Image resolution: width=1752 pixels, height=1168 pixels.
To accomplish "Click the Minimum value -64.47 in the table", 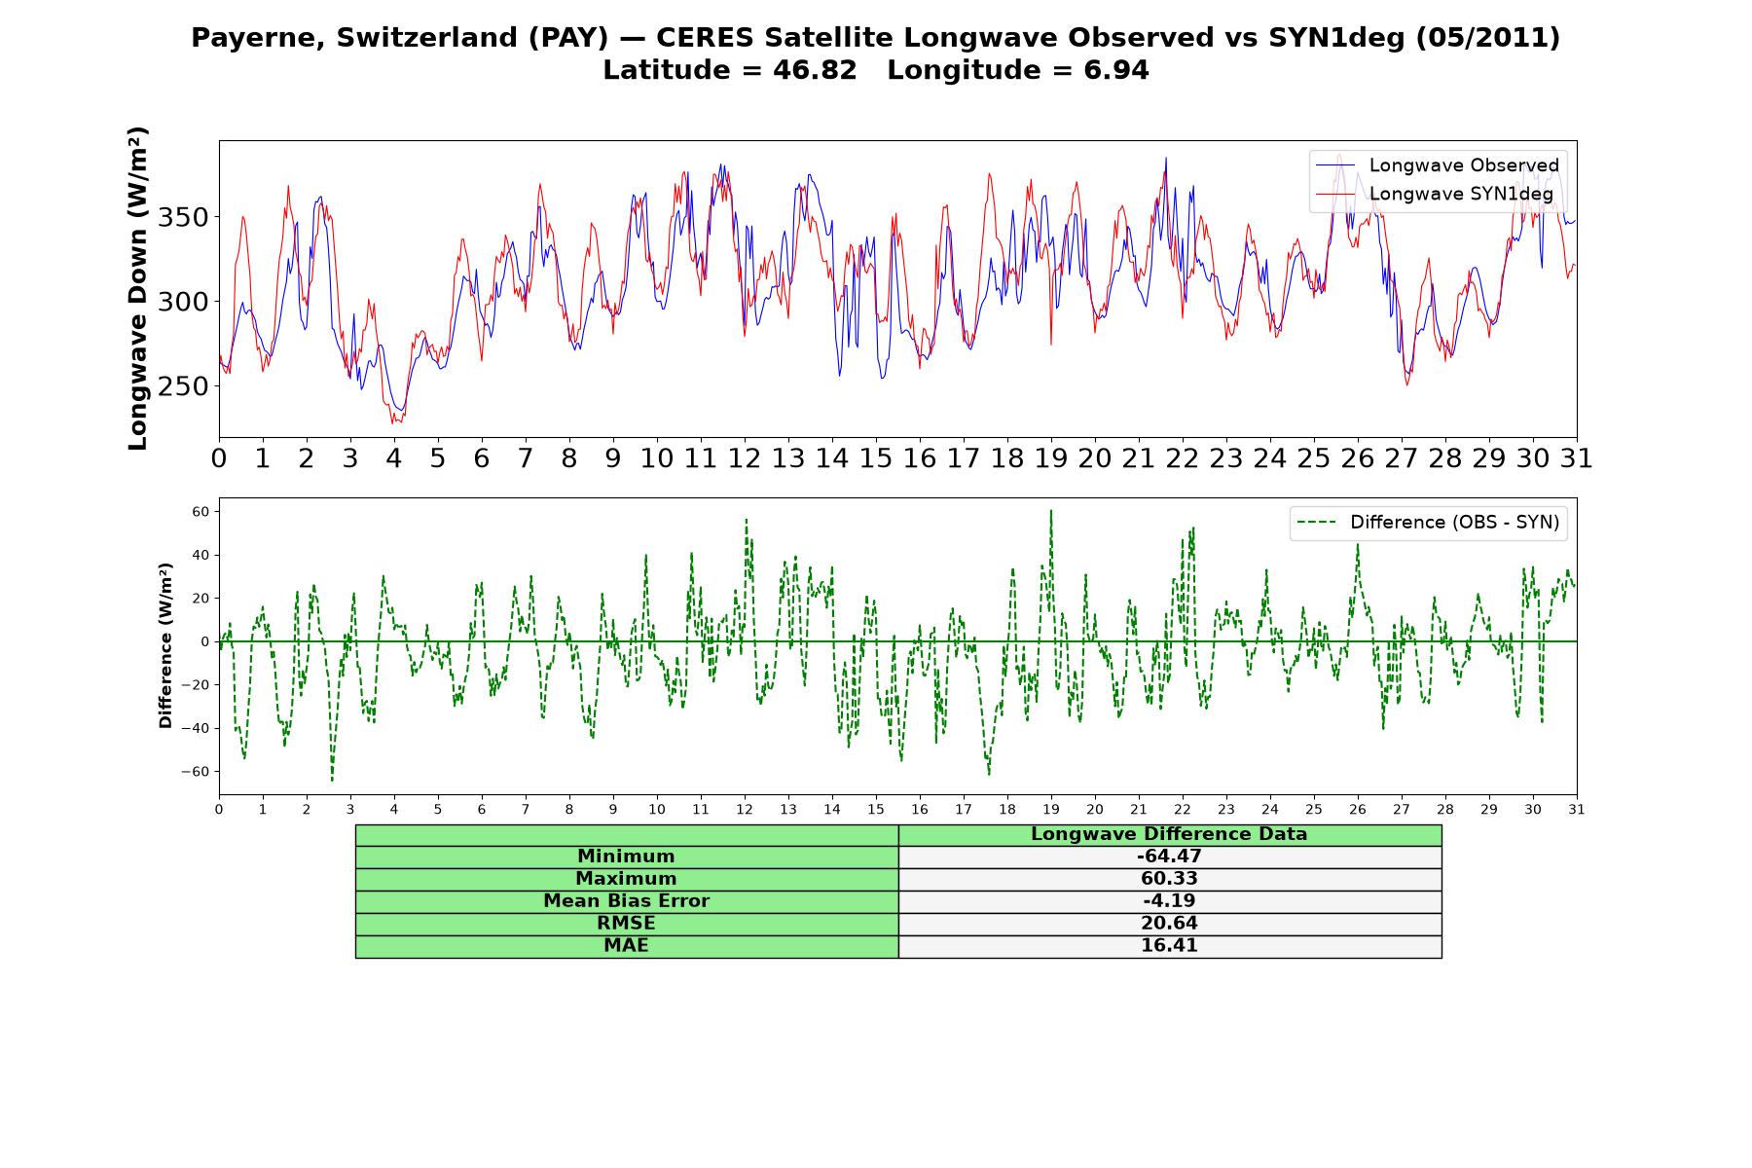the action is point(1169,857).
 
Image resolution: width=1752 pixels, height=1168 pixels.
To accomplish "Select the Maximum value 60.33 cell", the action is point(1169,879).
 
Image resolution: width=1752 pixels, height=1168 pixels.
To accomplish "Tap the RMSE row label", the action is point(626,923).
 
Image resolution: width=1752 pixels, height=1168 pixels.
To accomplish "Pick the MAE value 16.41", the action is point(1169,945).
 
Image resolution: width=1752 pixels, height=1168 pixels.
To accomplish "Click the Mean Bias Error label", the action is point(626,901).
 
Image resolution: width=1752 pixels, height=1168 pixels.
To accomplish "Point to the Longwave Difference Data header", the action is point(1169,834).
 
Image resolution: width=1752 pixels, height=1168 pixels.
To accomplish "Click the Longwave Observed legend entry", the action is point(1438,165).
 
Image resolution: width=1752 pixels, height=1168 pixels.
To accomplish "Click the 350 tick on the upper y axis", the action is point(183,217).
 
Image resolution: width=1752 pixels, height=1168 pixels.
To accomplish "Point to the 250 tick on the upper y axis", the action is point(183,386).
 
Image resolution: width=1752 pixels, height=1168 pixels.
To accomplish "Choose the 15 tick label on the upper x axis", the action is point(876,458).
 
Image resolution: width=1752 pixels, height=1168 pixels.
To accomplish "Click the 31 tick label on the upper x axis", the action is point(1576,458).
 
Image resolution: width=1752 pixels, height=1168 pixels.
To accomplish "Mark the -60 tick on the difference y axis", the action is point(195,772).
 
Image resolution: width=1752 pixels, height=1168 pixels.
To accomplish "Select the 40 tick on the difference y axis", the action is point(201,556).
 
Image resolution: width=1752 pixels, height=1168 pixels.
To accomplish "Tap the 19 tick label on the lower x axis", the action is point(1051,810).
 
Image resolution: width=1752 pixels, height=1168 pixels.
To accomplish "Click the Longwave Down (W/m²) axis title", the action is point(138,288).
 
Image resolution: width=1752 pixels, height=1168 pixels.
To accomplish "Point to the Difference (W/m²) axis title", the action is point(165,645).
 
